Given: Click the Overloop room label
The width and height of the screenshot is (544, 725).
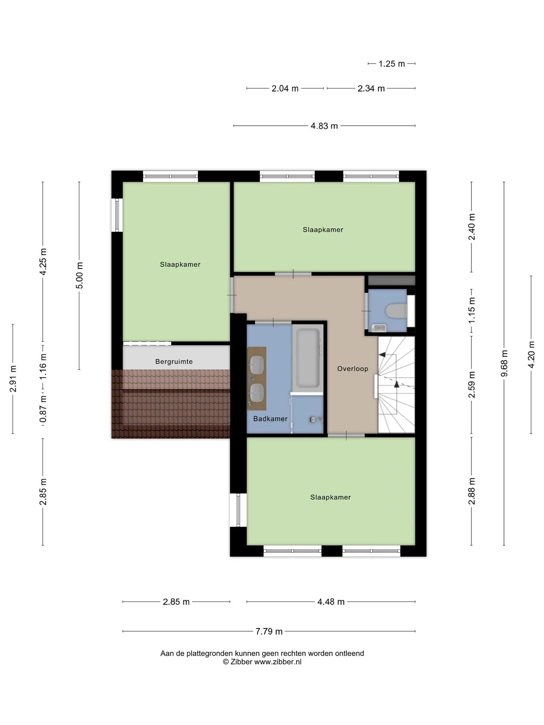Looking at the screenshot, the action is point(352,369).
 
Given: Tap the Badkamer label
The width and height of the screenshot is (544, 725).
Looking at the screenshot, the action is point(270,419).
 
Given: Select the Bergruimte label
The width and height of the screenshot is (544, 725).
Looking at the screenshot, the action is point(174,362).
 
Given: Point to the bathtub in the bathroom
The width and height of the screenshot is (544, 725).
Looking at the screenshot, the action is point(308,358).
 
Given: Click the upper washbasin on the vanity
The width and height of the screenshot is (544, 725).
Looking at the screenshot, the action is point(257,365).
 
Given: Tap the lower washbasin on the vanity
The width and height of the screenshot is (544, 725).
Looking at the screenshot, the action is point(257,393).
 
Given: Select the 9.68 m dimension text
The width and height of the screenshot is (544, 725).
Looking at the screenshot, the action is point(504,363).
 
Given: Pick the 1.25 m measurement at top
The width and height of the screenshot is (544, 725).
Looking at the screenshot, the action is point(392,64).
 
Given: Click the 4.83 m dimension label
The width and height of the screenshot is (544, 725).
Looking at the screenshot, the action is point(324,126).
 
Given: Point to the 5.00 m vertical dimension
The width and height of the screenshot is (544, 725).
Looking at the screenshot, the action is point(79,275).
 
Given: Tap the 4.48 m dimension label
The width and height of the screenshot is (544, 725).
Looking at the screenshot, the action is point(331,602).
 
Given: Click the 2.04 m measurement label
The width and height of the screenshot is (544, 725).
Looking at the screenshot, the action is point(285,88).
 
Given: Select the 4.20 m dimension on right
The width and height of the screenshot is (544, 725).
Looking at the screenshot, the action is point(531,355).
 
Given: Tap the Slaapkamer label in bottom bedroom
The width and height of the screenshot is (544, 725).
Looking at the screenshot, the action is point(331,497).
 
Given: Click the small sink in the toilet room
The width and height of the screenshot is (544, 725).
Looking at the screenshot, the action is point(378,328).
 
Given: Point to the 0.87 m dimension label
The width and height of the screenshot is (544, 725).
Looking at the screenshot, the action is point(43,409).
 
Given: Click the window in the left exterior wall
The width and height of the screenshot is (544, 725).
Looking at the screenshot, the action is point(117,215).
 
